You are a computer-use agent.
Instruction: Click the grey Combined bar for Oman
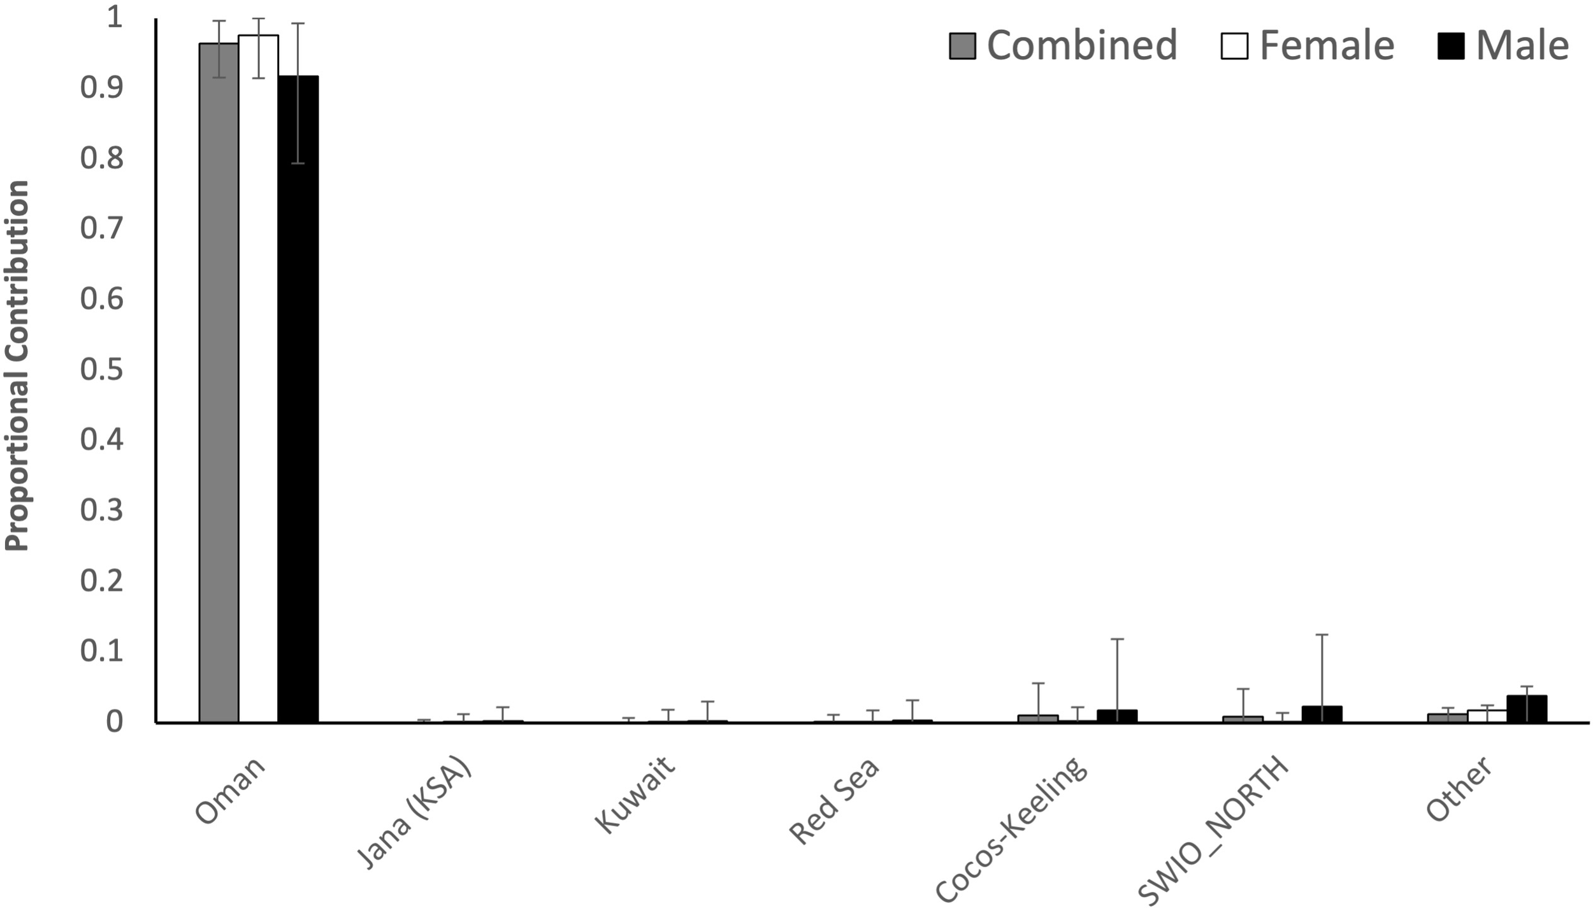click(219, 383)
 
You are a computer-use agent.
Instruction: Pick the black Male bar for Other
click(1526, 709)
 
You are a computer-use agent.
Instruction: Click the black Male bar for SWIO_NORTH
click(1322, 714)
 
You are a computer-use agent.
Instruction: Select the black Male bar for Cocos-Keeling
click(1117, 716)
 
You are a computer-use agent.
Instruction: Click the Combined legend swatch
click(962, 46)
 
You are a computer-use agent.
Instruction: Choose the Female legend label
click(1327, 46)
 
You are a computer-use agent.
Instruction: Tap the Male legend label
click(1522, 46)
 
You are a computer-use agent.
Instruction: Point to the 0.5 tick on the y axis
click(101, 369)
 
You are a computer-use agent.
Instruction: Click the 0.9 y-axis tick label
click(101, 87)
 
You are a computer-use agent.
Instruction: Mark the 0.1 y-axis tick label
click(101, 651)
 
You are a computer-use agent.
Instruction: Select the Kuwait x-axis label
click(634, 794)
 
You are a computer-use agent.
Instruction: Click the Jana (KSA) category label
click(414, 813)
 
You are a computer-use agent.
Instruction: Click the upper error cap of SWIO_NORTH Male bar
click(1322, 634)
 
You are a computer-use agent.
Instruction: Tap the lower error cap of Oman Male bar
click(298, 163)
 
